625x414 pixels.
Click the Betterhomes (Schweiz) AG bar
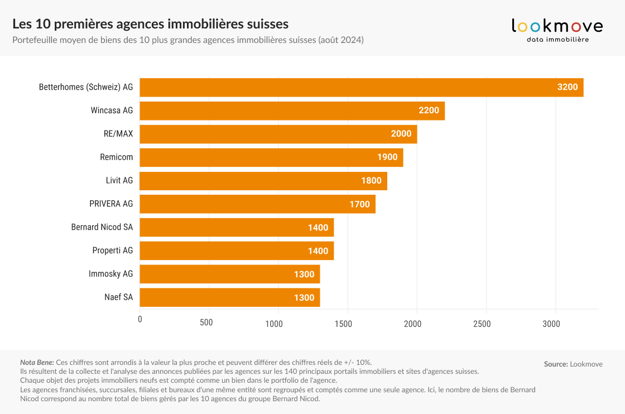361,88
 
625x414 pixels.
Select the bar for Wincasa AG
292,110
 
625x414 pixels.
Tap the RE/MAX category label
114,134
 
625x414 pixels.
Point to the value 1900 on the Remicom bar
387,157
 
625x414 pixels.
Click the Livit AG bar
263,181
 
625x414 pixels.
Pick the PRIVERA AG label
111,204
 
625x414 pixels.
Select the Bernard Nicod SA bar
237,228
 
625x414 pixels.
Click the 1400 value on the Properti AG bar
318,251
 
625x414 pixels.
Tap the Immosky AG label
110,275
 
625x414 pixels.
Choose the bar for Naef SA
229,297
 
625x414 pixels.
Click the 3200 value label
568,87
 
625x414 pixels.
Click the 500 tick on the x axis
206,322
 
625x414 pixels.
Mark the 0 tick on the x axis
140,320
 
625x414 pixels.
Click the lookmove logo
557,30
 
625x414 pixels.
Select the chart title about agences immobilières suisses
150,24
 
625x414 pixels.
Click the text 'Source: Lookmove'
573,364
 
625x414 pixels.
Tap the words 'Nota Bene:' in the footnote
37,362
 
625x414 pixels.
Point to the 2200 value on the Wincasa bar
429,110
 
